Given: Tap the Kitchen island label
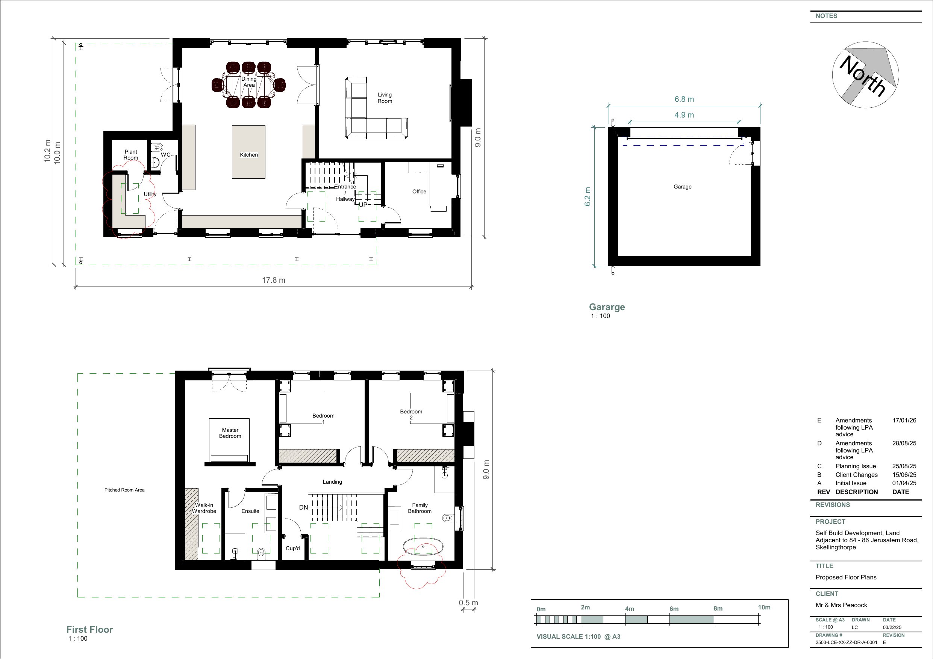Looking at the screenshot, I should point(249,155).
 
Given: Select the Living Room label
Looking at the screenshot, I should point(385,98).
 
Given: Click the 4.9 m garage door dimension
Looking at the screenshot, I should point(684,115).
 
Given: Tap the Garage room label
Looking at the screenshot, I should point(682,187).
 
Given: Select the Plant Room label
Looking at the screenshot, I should point(131,155).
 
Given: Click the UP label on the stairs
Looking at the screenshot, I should point(363,205).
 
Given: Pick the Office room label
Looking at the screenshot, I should point(419,192).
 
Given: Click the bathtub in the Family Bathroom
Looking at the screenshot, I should point(423,547).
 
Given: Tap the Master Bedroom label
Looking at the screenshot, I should point(230,433).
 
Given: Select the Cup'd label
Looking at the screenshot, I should point(292,548).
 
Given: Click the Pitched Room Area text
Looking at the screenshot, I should point(124,490).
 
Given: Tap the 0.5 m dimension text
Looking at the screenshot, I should point(468,603).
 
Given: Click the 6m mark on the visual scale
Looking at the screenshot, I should point(674,609).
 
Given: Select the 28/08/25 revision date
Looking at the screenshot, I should point(904,443).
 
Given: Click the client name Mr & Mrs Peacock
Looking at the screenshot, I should point(841,605).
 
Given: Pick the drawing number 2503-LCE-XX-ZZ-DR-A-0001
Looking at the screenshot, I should point(846,642).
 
